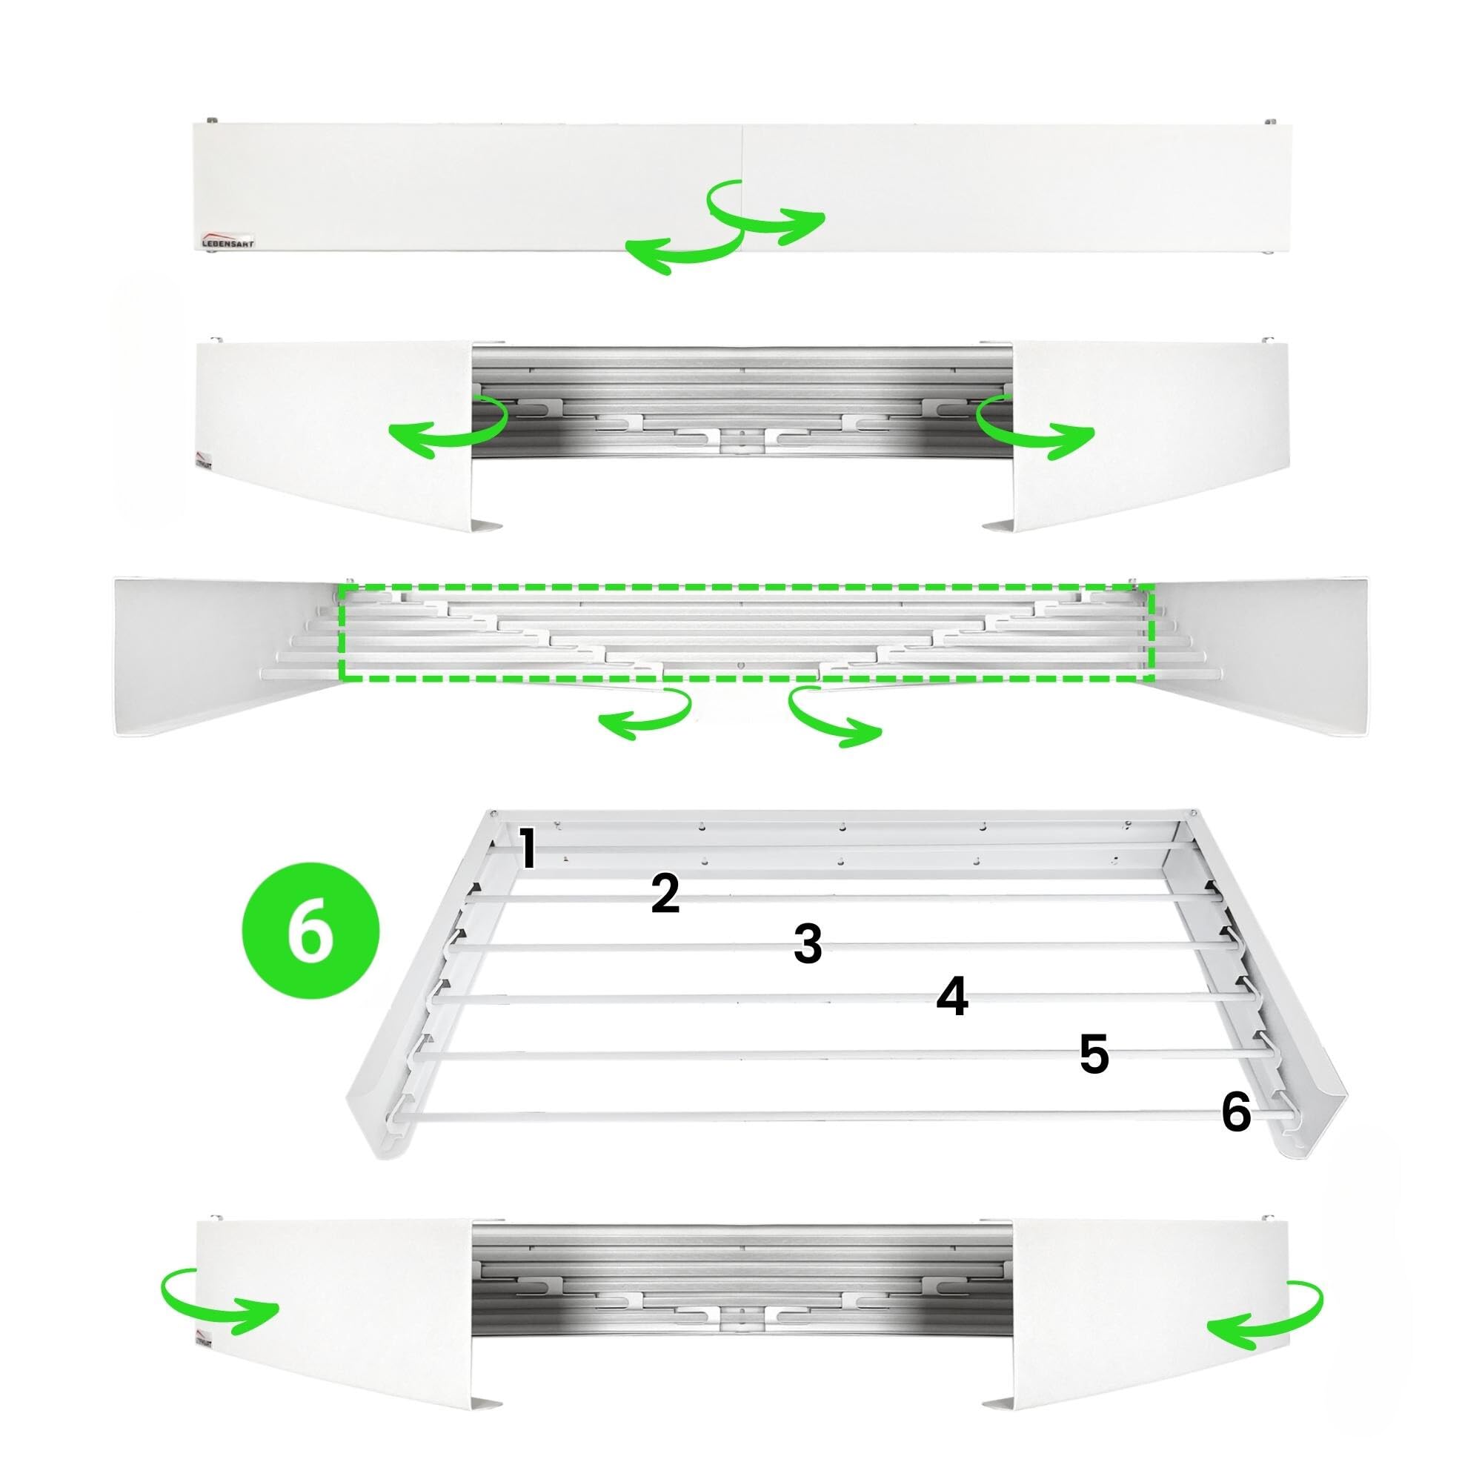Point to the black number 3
(x=808, y=944)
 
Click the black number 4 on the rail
(x=952, y=997)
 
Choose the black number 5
(x=1094, y=1054)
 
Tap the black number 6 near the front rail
(x=1236, y=1113)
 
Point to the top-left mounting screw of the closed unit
(x=211, y=121)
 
